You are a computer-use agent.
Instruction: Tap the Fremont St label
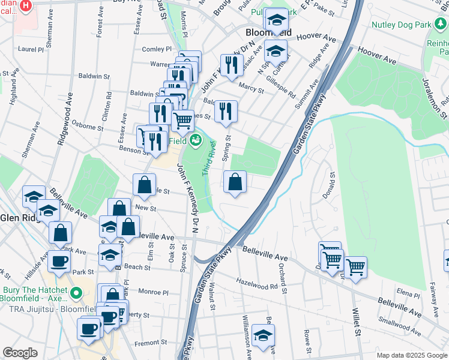point(149,343)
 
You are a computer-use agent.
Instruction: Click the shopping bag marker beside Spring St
point(235,182)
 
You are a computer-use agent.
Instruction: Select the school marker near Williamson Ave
point(262,336)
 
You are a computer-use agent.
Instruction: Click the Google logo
point(20,353)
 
